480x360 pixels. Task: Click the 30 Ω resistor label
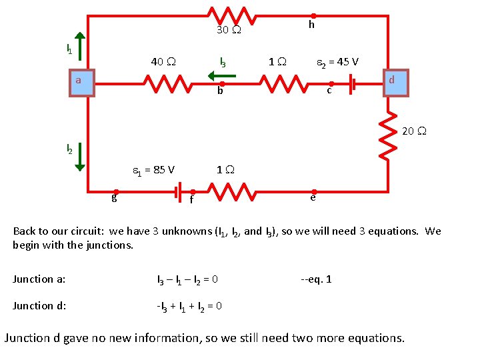[x=229, y=30]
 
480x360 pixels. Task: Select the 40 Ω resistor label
[x=163, y=62]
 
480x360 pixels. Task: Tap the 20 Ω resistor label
[x=413, y=131]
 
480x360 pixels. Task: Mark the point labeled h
[x=311, y=25]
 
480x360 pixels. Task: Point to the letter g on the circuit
[x=115, y=197]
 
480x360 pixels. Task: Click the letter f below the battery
[x=191, y=199]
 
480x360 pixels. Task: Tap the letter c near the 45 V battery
[x=329, y=90]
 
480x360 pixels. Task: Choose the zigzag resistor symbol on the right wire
[x=387, y=133]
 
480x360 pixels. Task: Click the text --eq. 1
[x=315, y=279]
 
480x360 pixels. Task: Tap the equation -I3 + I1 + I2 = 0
[x=189, y=306]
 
